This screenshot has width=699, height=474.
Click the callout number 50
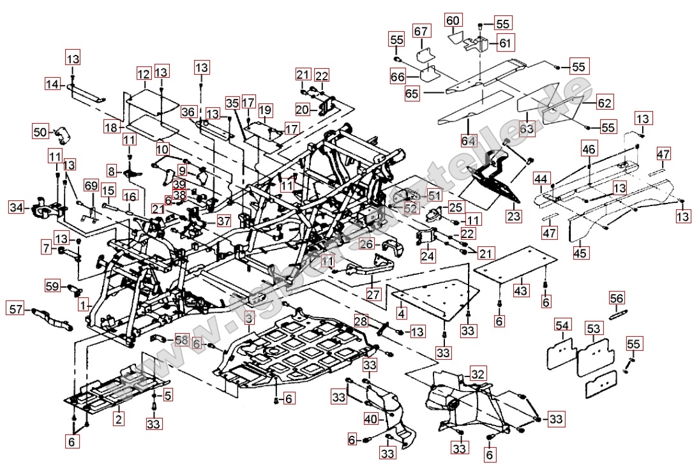(x=41, y=132)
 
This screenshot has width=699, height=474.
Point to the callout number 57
(x=16, y=309)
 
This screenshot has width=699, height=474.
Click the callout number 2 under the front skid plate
(x=119, y=418)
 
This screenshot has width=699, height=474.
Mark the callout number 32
(x=478, y=373)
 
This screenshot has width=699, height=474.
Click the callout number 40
(x=371, y=420)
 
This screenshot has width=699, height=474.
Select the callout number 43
(x=521, y=290)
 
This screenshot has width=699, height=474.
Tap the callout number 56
(x=617, y=299)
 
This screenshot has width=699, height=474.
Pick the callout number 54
(x=562, y=327)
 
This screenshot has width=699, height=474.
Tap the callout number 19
(x=265, y=110)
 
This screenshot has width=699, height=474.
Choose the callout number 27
(x=373, y=294)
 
